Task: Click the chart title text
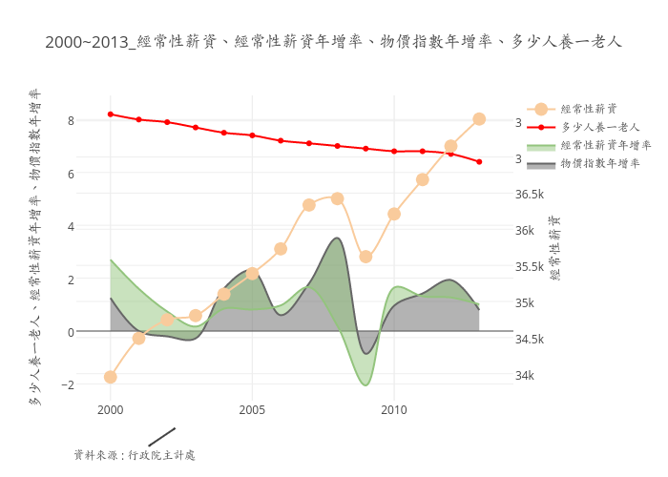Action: tap(333, 42)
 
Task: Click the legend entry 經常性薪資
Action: tap(588, 109)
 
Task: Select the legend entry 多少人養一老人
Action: tap(599, 127)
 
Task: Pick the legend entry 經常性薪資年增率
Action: tap(606, 145)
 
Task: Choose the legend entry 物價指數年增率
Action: tap(599, 163)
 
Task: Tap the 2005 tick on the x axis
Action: tap(252, 409)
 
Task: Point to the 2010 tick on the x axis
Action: tap(393, 409)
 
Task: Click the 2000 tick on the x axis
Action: tap(111, 409)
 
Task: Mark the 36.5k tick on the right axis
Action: tap(530, 195)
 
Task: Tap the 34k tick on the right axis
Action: tap(526, 375)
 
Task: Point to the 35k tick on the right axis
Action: tap(526, 303)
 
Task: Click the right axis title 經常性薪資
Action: tap(555, 248)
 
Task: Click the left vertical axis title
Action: tap(34, 248)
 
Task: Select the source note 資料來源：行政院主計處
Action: tap(135, 455)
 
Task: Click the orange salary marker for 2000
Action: tap(111, 377)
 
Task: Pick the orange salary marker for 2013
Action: tap(479, 119)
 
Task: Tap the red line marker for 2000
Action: tap(111, 114)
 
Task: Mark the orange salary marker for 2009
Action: tap(365, 257)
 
